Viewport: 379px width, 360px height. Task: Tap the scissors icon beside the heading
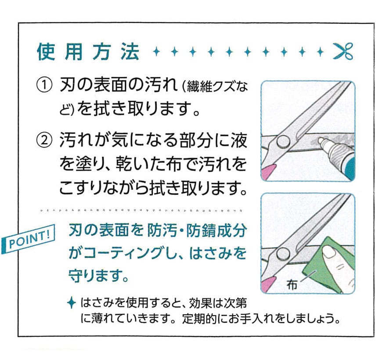click(x=343, y=52)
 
